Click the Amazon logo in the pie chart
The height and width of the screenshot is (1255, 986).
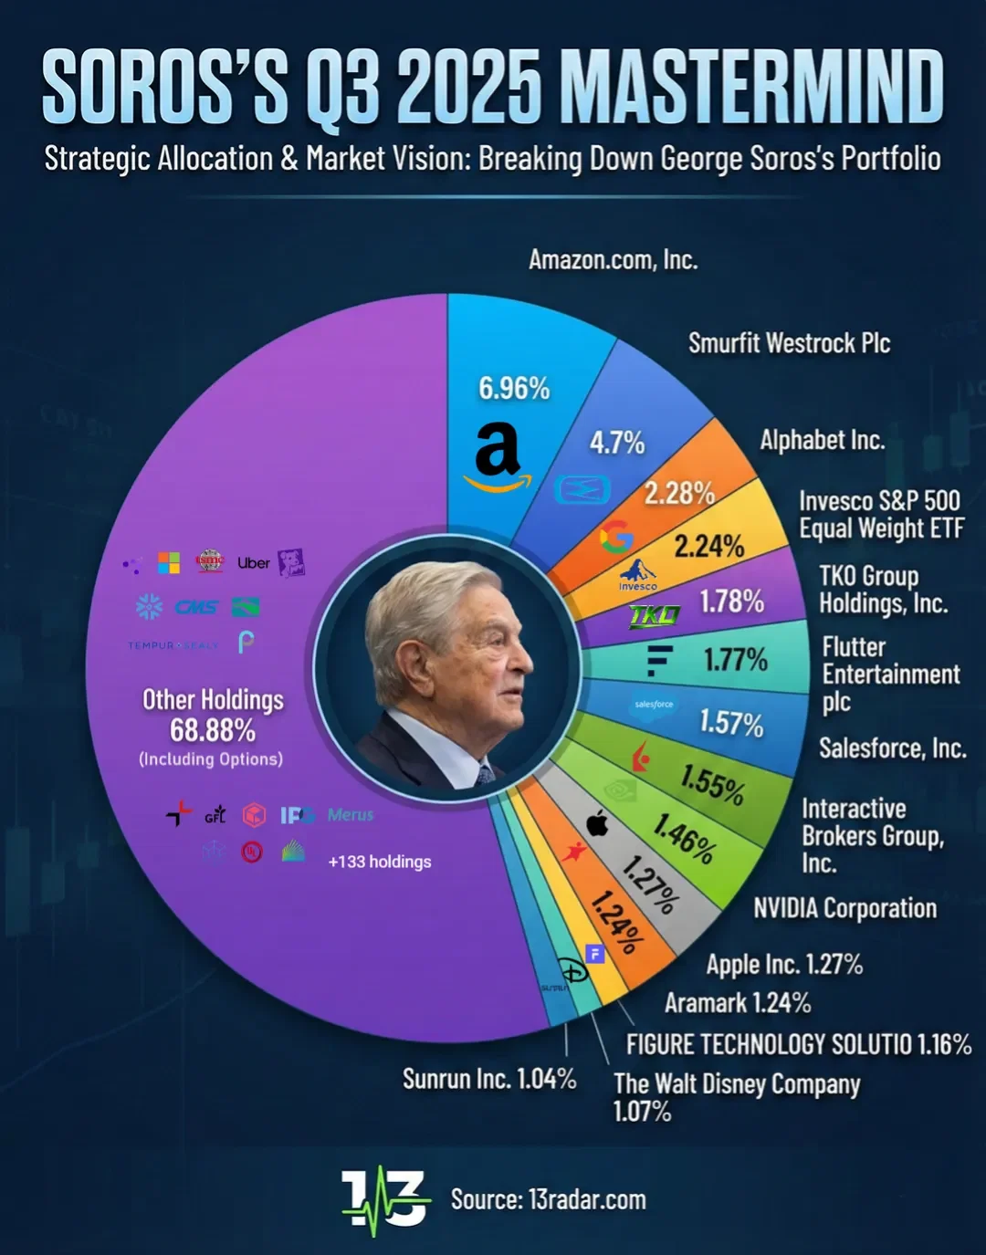click(x=498, y=456)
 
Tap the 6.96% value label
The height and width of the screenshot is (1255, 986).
click(x=514, y=389)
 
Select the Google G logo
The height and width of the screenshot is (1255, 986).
click(x=616, y=538)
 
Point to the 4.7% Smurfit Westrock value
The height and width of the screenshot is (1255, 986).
click(x=617, y=443)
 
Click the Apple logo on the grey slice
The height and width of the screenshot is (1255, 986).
click(x=597, y=824)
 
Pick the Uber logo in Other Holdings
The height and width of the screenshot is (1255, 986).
click(x=253, y=563)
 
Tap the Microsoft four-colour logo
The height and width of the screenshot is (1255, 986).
click(x=169, y=563)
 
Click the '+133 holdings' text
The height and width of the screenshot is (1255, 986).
click(x=380, y=862)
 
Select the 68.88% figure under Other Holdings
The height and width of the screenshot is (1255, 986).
click(x=213, y=730)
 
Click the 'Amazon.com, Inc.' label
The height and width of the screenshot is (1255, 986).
click(x=613, y=260)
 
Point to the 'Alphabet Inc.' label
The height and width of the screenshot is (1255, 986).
click(x=822, y=440)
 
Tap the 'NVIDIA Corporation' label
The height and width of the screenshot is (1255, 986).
click(x=844, y=908)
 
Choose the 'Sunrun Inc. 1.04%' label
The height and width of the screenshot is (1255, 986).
click(x=489, y=1079)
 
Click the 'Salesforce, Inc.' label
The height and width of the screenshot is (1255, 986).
click(x=892, y=748)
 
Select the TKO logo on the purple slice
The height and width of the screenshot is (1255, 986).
click(x=654, y=616)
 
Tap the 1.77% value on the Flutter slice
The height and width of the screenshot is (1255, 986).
click(x=735, y=659)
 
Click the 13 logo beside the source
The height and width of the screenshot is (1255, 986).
click(x=384, y=1199)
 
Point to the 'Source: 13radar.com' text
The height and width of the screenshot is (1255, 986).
click(x=548, y=1199)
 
